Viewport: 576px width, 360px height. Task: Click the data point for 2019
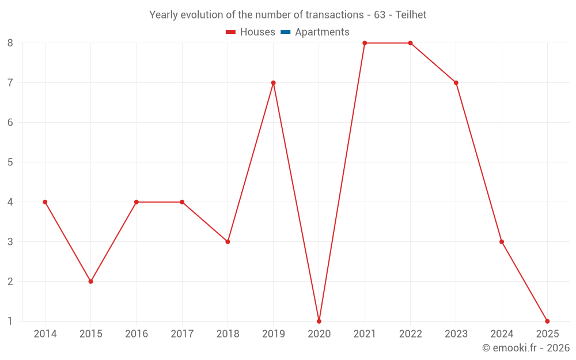coord(273,82)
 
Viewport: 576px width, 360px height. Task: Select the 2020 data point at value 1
coord(319,321)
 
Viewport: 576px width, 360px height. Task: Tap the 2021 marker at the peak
coord(365,43)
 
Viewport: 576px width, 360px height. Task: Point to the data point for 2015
coord(90,281)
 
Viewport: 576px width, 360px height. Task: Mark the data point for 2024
coord(502,241)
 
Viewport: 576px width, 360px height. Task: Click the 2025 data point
coord(547,321)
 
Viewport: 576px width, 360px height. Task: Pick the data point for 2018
coord(228,241)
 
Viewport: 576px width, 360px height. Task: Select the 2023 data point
coord(456,82)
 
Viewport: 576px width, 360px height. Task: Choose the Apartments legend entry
coord(322,32)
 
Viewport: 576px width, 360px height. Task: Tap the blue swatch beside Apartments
coord(286,32)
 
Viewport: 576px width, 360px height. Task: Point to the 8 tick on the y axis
coord(10,43)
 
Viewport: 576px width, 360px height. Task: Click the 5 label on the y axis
coord(10,162)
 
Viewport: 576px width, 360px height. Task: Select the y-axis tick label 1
coord(10,321)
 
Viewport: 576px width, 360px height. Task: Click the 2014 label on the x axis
coord(45,334)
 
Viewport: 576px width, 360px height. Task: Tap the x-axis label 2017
coord(182,334)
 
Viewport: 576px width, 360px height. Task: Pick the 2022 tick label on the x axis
coord(410,334)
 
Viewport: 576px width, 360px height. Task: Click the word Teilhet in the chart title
coord(411,15)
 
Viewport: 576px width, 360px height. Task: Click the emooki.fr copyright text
coord(526,348)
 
